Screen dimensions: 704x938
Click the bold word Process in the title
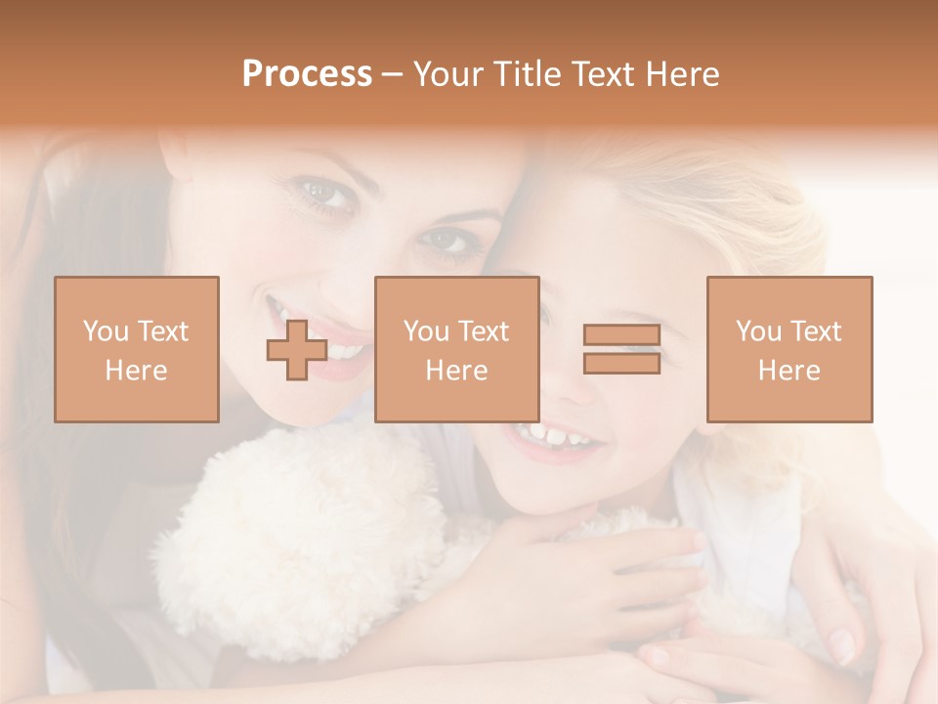coord(307,74)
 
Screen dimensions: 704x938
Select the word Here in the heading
coord(681,74)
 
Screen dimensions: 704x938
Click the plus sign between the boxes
coord(297,350)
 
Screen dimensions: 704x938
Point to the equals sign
coord(621,349)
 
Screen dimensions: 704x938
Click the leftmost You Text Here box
coord(137,349)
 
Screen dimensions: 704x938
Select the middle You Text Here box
coord(456,349)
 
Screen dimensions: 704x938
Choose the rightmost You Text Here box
coord(789,349)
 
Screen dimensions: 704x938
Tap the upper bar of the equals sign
coord(621,335)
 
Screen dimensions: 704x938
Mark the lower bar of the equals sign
coord(621,363)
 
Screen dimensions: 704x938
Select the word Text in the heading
coord(605,74)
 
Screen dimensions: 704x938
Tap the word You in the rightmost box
coord(758,331)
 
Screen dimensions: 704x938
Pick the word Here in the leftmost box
coord(137,371)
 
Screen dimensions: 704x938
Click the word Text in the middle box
coord(484,331)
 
